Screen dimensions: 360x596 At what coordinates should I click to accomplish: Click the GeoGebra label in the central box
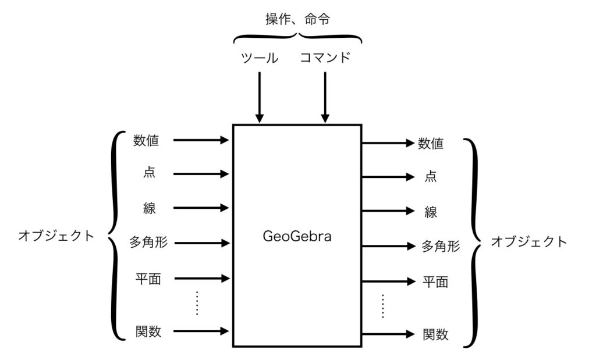pos(297,237)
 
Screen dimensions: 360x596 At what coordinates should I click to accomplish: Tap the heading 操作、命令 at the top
pos(297,19)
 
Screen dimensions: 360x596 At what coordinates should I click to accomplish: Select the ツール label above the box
pos(260,58)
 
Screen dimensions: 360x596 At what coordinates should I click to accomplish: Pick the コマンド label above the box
pos(325,58)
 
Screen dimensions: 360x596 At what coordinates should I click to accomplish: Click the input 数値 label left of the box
pos(146,140)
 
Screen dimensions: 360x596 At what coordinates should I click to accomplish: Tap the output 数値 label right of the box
pos(431,143)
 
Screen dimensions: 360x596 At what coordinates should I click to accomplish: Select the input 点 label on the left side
pos(150,173)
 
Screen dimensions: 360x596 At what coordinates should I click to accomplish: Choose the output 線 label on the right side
pos(431,212)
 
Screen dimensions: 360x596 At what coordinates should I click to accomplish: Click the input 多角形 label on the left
pos(149,242)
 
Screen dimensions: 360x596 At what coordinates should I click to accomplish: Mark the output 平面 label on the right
pos(435,282)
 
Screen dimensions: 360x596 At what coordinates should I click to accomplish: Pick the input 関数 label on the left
pos(148,332)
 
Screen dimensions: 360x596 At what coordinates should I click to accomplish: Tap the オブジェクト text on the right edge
pos(528,241)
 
